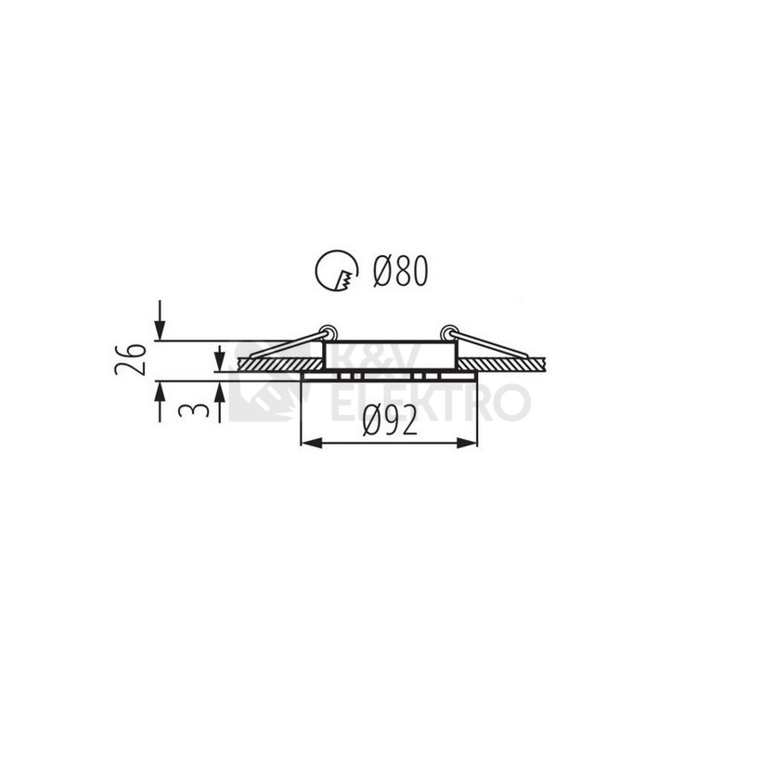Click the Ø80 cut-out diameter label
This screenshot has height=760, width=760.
401,270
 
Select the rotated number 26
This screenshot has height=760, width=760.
131,359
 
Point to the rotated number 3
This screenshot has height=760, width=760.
193,410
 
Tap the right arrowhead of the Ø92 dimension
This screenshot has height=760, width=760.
468,443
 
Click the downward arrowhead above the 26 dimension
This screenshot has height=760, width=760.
160,330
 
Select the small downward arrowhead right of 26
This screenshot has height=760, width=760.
220,362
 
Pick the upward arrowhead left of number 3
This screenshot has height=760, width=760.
160,392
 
